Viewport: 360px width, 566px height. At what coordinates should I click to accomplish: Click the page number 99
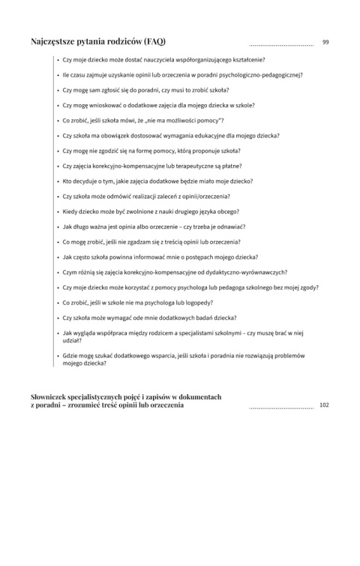tap(325, 41)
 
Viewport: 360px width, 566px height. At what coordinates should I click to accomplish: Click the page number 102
tap(324, 405)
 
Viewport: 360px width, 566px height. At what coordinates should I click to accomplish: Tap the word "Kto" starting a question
tap(67, 181)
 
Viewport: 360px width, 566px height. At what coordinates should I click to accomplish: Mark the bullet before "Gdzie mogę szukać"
tap(58, 356)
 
